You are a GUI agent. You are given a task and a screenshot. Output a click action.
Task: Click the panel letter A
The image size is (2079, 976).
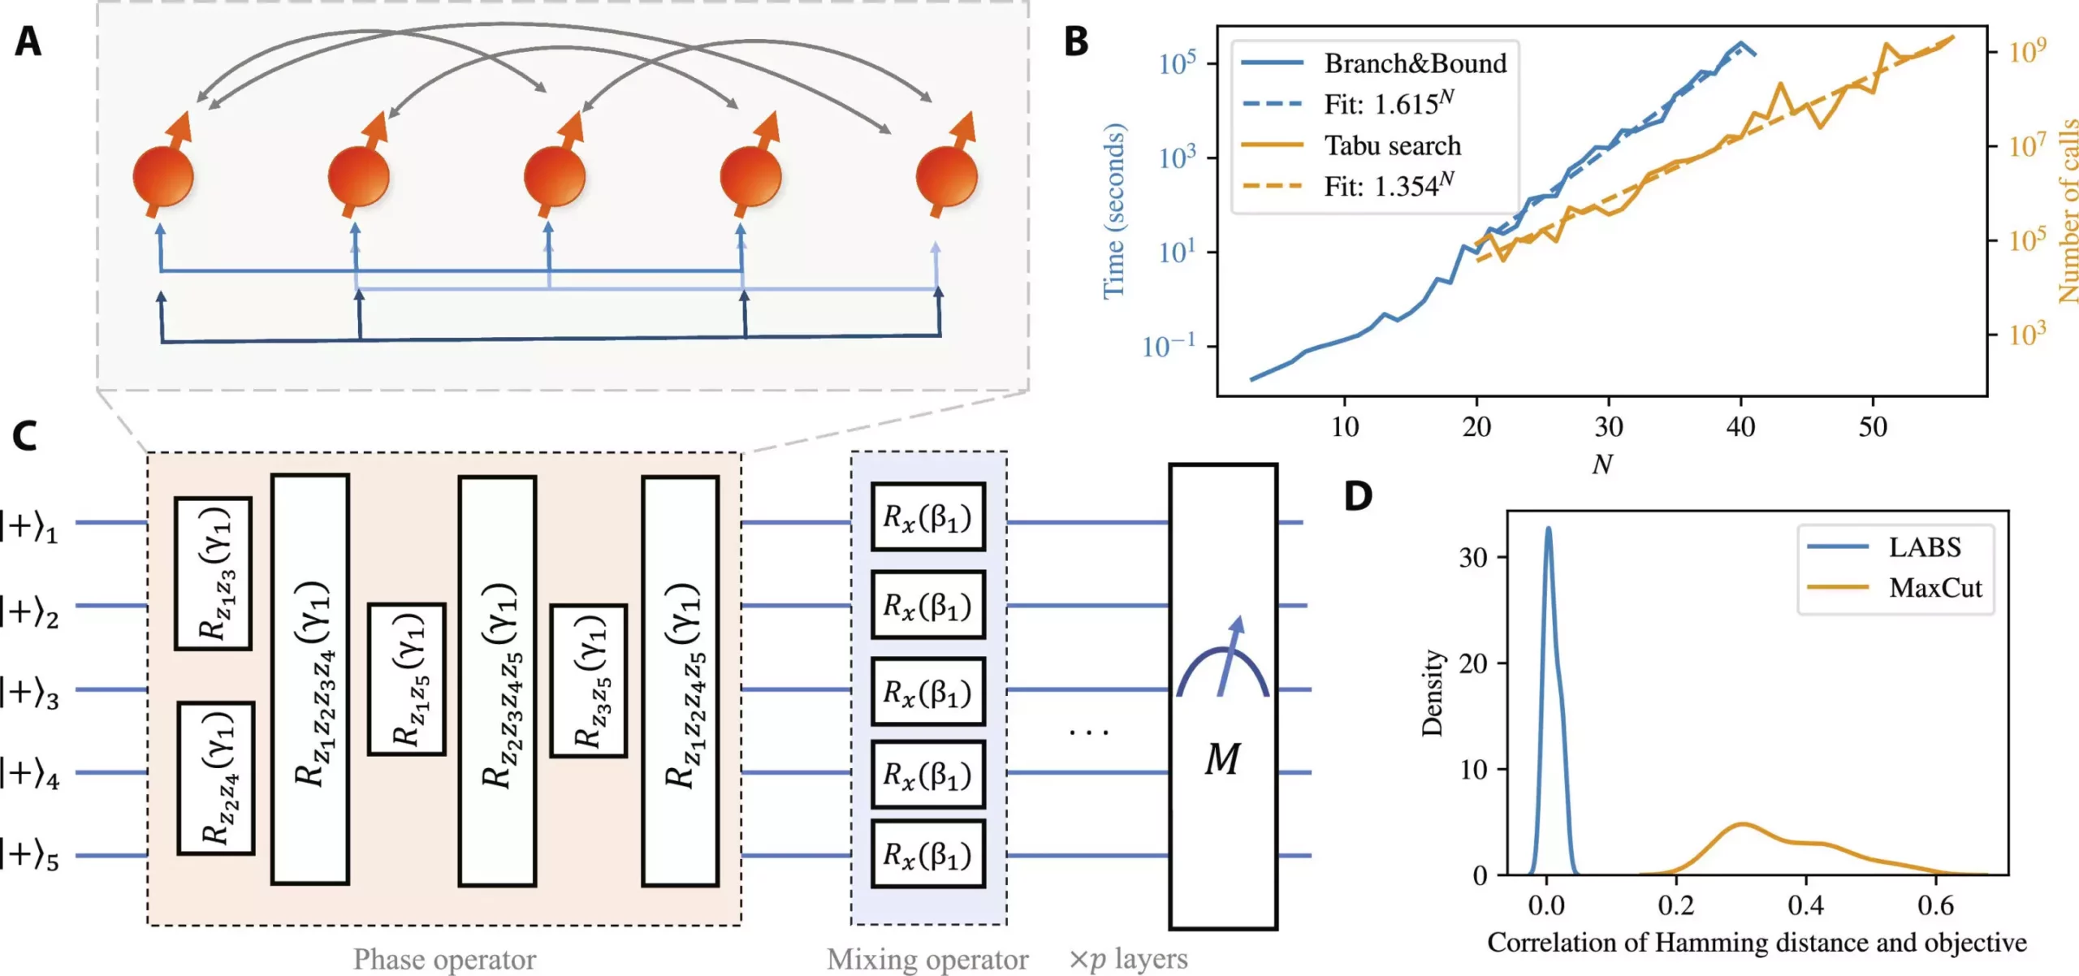tap(28, 41)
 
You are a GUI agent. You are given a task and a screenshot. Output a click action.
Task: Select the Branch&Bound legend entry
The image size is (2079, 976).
tap(1414, 63)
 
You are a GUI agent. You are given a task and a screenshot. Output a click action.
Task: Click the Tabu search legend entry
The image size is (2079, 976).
tap(1392, 145)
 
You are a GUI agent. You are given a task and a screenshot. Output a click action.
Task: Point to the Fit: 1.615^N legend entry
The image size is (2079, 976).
tap(1388, 104)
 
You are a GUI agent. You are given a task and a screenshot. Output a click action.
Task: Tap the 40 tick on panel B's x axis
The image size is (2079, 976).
tap(1740, 426)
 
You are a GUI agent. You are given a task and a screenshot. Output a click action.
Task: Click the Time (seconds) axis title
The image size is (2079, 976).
tap(1114, 211)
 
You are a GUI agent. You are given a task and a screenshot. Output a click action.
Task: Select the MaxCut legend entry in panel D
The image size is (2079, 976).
tap(1935, 587)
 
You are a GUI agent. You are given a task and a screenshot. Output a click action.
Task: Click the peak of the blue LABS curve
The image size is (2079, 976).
tap(1548, 529)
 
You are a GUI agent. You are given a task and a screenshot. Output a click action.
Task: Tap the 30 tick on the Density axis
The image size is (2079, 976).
tap(1473, 557)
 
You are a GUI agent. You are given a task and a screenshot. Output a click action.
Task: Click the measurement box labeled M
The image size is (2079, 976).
tap(1222, 697)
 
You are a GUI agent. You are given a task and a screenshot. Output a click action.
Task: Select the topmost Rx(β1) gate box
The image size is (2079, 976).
tap(927, 517)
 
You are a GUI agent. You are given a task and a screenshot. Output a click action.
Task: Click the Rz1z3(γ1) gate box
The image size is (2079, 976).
tap(214, 573)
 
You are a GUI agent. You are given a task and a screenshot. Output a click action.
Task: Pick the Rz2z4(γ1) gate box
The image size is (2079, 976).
tap(216, 778)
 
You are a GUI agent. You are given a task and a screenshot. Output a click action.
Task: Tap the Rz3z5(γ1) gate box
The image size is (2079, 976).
tap(589, 680)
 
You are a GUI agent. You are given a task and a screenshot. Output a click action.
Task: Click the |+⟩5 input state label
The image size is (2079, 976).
tap(30, 856)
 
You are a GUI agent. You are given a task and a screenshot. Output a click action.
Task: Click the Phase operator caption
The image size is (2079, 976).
tap(444, 959)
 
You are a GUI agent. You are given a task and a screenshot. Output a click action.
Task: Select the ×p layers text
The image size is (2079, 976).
tap(1128, 959)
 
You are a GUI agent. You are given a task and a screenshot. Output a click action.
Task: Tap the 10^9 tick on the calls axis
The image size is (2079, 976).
tap(2027, 50)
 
